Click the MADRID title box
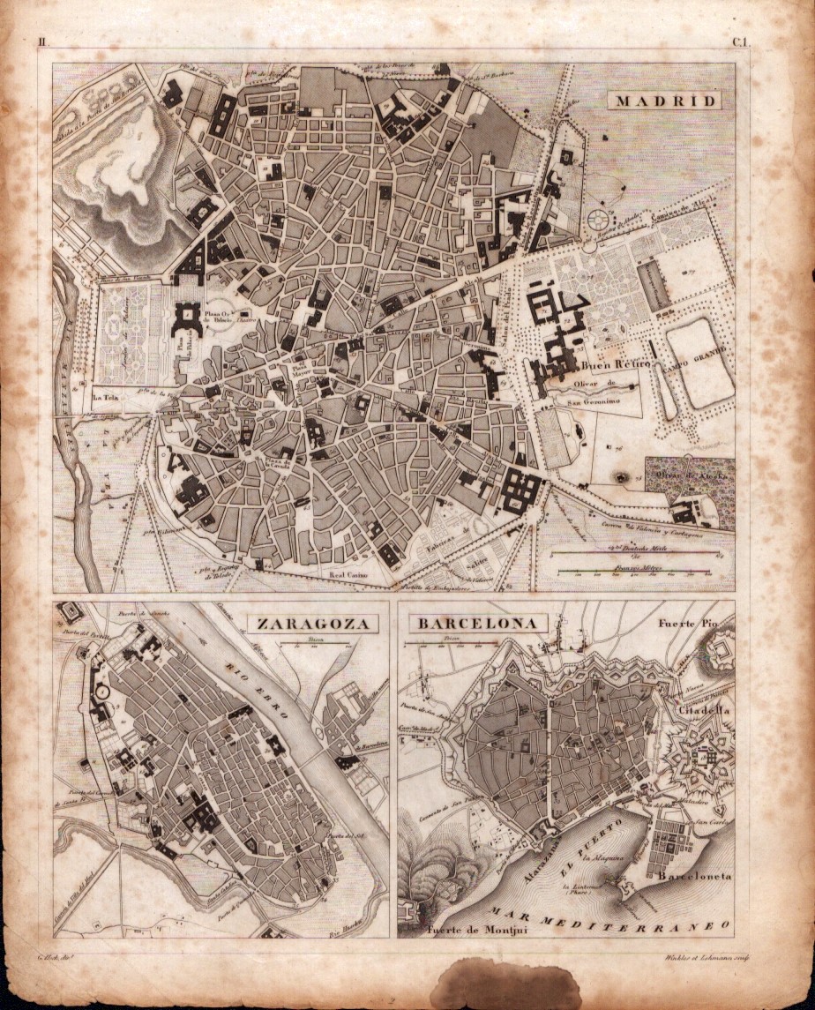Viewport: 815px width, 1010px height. coord(666,100)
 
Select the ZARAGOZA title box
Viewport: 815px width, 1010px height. coord(311,624)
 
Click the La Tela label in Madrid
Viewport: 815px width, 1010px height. coord(106,396)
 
